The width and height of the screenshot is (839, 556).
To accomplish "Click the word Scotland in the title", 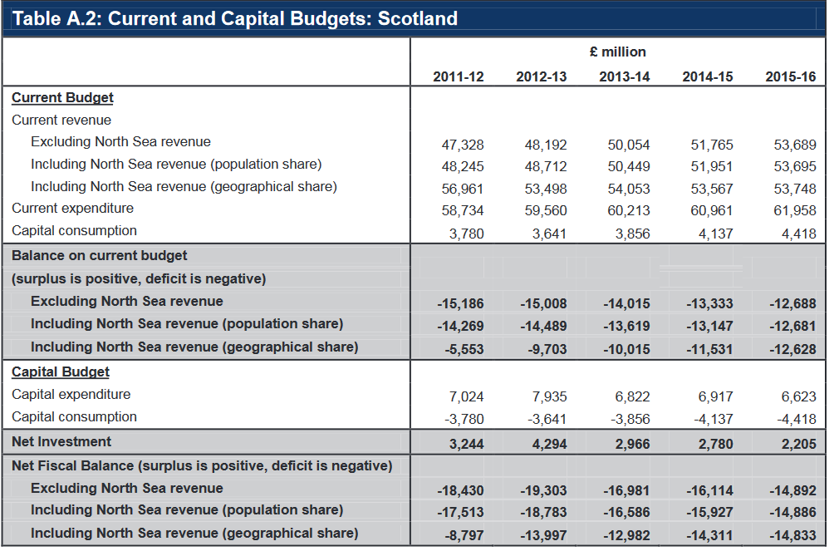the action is coord(417,19).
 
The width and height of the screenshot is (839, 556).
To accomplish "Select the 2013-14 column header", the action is coord(624,77).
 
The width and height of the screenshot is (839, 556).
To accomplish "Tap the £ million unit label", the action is coord(617,52).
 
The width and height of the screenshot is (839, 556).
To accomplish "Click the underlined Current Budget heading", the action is coord(62,98).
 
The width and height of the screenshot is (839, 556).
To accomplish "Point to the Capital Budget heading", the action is coord(61,372).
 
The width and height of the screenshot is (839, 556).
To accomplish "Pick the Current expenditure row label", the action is coord(73,208).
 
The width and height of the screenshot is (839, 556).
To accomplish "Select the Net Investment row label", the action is coord(61,441).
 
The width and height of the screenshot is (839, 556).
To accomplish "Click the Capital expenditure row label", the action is coord(71,395).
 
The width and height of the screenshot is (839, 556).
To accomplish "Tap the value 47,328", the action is coord(463,145).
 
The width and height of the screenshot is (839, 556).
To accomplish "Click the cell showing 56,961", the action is coord(463,189).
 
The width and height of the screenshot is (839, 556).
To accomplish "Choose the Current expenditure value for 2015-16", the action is coord(795,211).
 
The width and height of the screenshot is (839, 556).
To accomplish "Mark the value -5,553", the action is coord(464,349).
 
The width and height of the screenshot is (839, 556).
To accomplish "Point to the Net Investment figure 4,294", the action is coord(549,444).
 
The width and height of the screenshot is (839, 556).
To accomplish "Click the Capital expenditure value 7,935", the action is coord(549,397).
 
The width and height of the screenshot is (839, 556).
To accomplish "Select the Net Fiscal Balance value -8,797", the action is coord(464,536).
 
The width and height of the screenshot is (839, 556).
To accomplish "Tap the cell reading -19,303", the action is coord(543,490).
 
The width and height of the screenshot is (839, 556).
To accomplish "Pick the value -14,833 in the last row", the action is coord(792,536).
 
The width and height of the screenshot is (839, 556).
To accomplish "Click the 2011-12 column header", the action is coord(458,77).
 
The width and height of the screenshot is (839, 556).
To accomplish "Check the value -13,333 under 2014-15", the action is coord(709,304).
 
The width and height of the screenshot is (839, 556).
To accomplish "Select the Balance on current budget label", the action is coord(100,256).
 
